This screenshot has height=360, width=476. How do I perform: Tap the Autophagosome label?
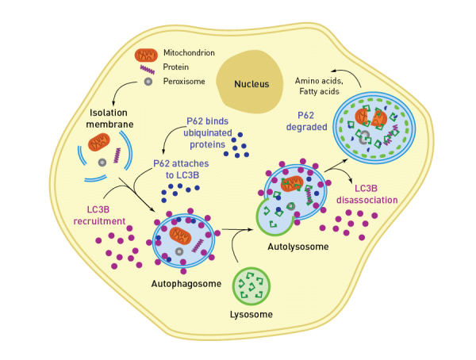tap(183, 282)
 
